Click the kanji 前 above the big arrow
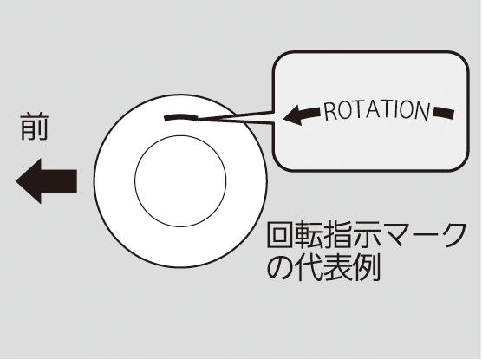pos(35,127)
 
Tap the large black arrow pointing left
pos(46,181)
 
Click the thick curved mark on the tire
pos(181,117)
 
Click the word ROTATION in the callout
pos(377,110)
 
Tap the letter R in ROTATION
pos(330,112)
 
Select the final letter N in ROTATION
pos(421,111)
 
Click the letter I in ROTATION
pos(392,110)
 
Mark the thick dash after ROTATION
pos(444,113)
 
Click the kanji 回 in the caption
pos(279,235)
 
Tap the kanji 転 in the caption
pos(308,235)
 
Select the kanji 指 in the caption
pos(336,235)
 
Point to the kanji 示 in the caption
pos(365,235)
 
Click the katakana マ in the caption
pos(394,236)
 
